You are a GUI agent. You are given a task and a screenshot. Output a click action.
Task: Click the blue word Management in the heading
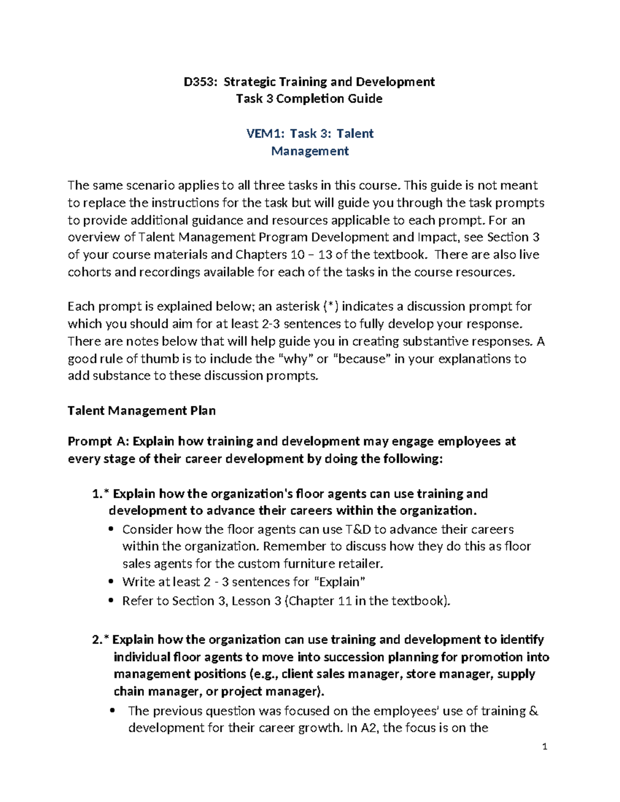(310, 151)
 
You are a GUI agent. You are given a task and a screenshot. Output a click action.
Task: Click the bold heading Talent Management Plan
(142, 411)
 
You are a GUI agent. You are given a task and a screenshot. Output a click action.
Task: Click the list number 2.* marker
(101, 640)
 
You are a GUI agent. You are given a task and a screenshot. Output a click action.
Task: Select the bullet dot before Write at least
(111, 582)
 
